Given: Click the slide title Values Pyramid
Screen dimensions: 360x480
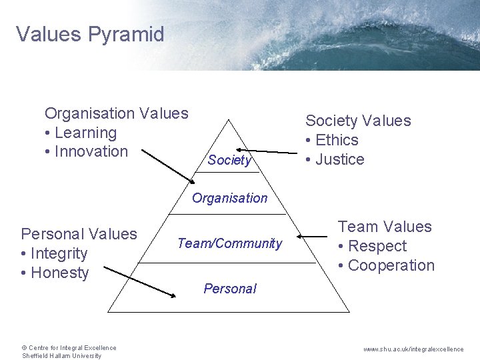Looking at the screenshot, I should coord(90,34).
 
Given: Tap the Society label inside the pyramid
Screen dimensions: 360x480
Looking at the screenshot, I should coord(229,160).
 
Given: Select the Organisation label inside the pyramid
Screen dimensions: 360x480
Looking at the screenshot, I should coord(229,197).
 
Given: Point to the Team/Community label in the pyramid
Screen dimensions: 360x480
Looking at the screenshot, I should coord(229,243).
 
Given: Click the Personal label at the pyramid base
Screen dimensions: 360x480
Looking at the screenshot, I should coord(229,289).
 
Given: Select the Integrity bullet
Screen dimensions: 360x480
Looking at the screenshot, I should coord(57,253).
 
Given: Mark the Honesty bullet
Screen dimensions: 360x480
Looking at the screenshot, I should coord(58,273).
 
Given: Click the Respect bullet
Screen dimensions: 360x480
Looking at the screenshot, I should coord(376,246).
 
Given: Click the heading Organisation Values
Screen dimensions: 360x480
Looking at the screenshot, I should coord(117,113).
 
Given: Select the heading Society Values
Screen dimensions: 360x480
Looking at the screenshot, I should coord(358,121).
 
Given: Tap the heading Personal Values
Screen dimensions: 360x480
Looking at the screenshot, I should coord(79,234).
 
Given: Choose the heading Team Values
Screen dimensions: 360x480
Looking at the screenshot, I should coord(385,227).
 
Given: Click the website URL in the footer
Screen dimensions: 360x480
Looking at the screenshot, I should coord(414,349).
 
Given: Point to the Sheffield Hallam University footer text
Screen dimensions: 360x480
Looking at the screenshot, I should coord(61,356).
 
